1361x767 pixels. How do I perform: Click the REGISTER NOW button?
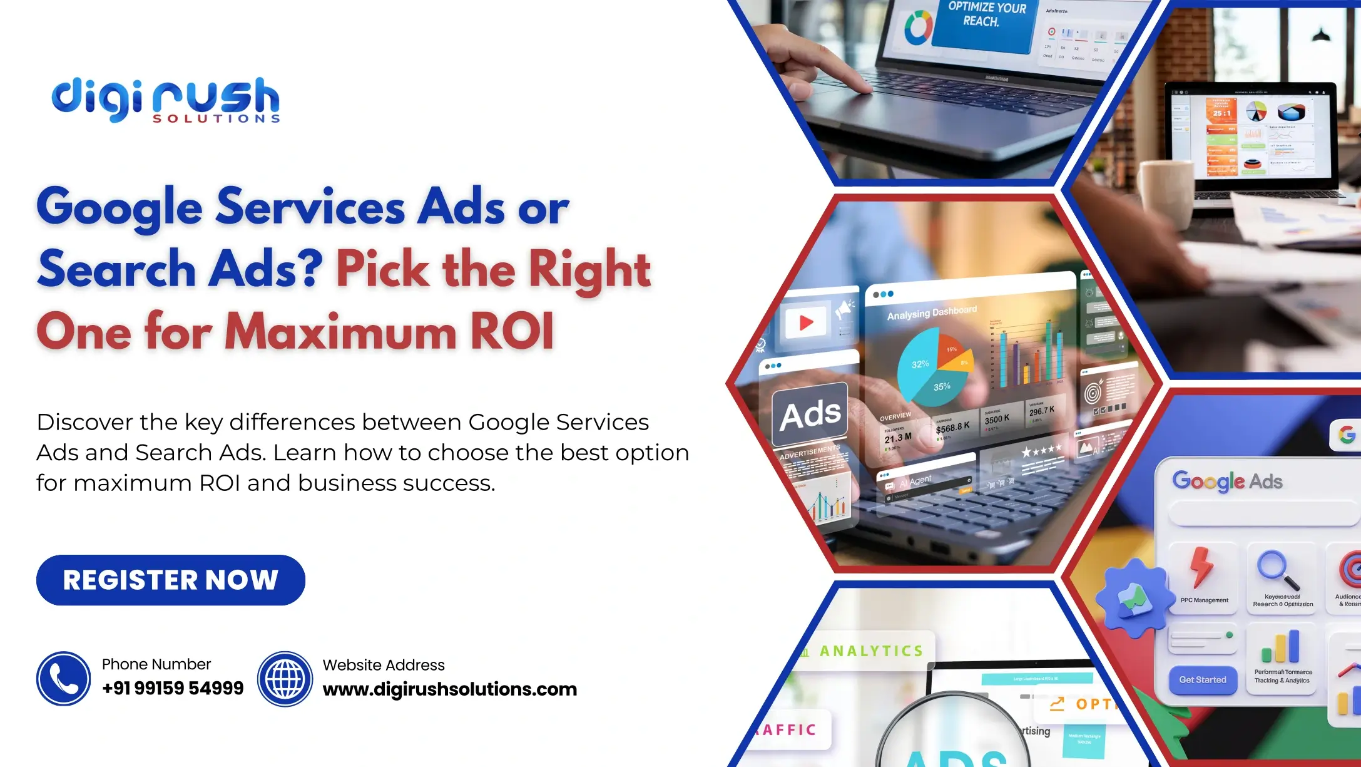[x=170, y=580]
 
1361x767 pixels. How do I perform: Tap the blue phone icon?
[x=63, y=679]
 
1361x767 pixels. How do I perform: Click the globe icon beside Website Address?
[x=285, y=679]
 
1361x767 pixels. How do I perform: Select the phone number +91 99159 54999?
[x=173, y=688]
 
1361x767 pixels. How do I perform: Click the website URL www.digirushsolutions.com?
[x=449, y=689]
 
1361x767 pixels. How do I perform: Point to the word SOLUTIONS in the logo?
[x=217, y=118]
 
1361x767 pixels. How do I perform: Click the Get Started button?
[x=1202, y=679]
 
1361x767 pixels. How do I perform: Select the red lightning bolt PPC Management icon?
[x=1201, y=567]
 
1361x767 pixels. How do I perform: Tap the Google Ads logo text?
[x=1227, y=481]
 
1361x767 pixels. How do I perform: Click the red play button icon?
[x=806, y=322]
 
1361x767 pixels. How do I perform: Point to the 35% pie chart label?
[x=942, y=387]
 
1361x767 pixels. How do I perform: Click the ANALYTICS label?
[x=871, y=651]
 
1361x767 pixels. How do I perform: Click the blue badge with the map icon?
[x=1134, y=597]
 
